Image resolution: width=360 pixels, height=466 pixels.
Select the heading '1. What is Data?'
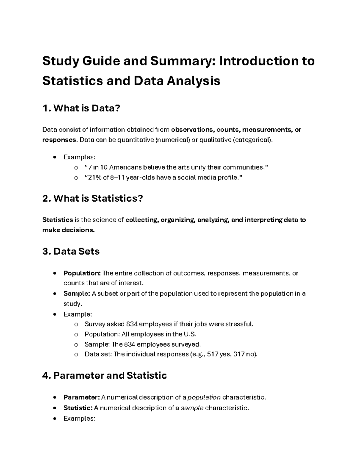pos(81,108)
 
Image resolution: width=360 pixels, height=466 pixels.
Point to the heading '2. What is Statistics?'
pos(93,198)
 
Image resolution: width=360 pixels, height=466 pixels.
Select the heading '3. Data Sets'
pos(71,251)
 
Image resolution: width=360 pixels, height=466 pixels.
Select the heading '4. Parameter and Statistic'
pos(104,375)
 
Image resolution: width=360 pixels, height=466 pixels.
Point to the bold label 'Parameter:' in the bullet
pos(81,398)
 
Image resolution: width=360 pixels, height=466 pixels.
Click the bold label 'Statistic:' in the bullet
pos(78,408)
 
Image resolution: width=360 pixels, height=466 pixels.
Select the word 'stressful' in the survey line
pos(239,324)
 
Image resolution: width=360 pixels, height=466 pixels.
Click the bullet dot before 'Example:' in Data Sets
pos(54,314)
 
